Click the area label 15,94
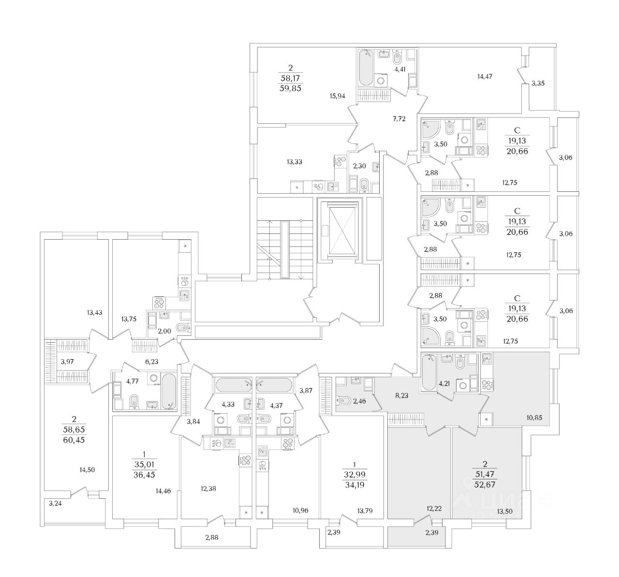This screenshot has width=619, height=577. click(337, 96)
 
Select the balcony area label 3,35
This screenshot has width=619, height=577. click(538, 83)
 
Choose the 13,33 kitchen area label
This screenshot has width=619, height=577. click(294, 161)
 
